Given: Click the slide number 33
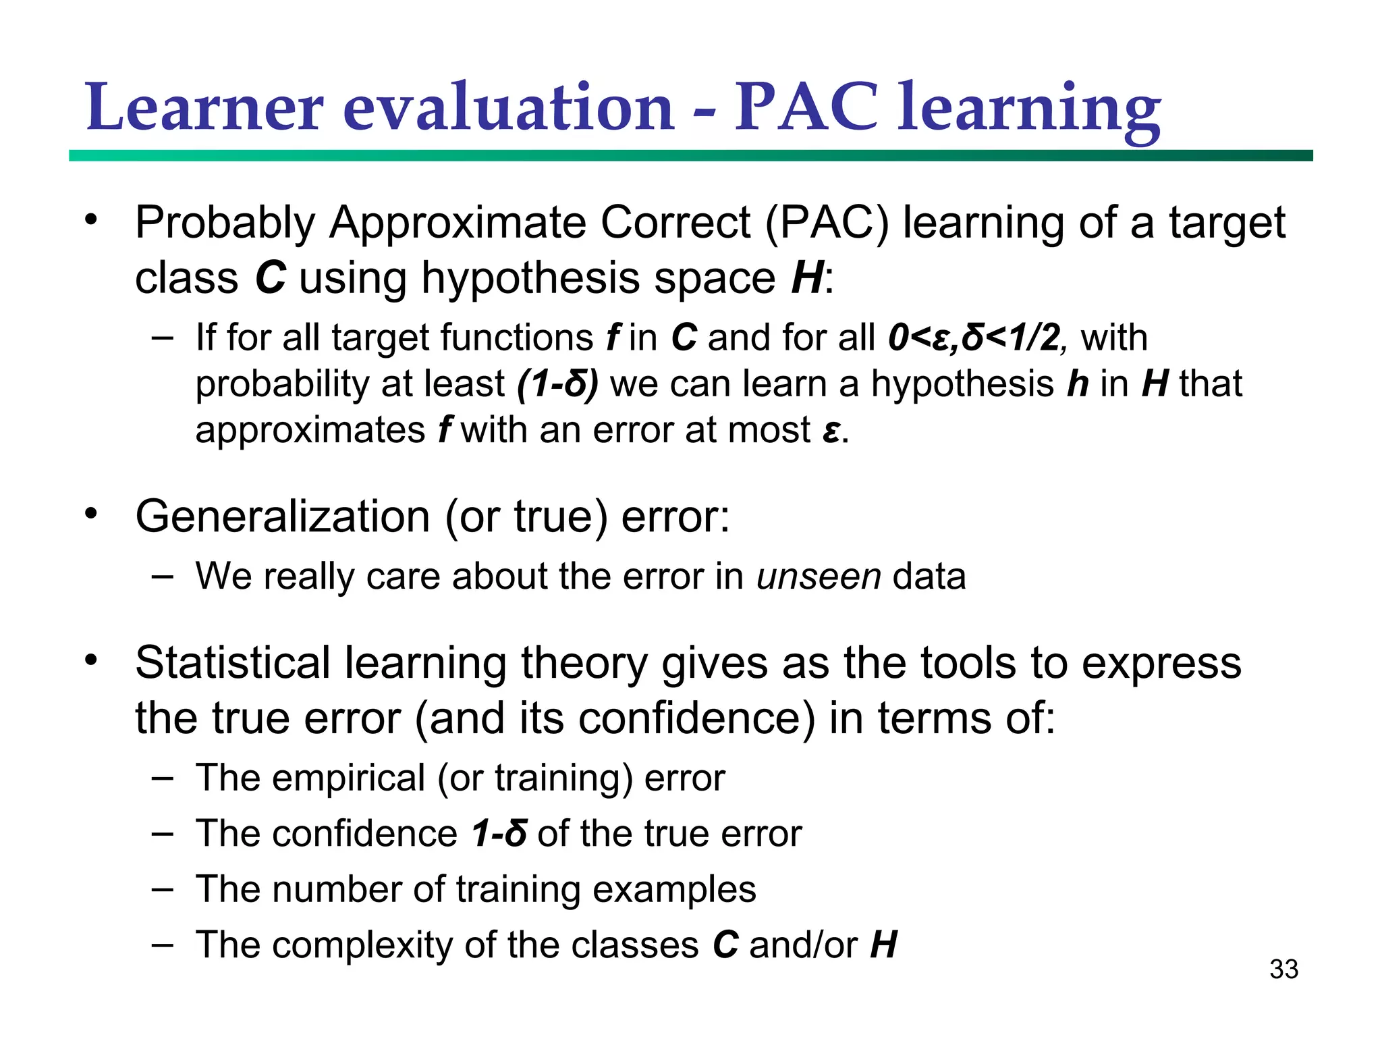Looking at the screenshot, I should pyautogui.click(x=1283, y=969).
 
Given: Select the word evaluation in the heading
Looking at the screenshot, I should pyautogui.click(x=509, y=108).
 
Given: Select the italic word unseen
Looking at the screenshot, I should pyautogui.click(x=819, y=577).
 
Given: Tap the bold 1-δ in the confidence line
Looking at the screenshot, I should pyautogui.click(x=499, y=833).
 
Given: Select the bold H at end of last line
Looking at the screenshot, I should pyautogui.click(x=883, y=945).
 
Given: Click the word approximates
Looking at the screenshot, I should pyautogui.click(x=310, y=431).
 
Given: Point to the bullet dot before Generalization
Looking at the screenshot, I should pyautogui.click(x=91, y=514).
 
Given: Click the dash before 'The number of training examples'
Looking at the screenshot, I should pyautogui.click(x=163, y=888).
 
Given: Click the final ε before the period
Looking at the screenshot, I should pyautogui.click(x=831, y=431).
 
